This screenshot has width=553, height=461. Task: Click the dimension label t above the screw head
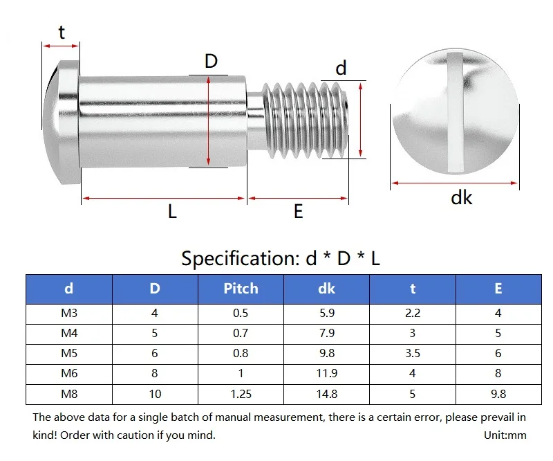(62, 32)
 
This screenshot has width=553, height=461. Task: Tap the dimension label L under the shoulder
(172, 212)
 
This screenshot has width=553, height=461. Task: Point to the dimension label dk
(461, 198)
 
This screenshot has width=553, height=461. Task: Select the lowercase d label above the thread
(341, 68)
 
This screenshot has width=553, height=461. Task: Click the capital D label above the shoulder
(212, 62)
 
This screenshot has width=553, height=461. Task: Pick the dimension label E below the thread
(299, 212)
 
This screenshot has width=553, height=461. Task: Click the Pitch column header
(241, 289)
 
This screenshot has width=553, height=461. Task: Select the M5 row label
(69, 353)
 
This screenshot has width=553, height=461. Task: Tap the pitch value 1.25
(241, 394)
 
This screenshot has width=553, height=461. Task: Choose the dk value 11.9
(327, 373)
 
